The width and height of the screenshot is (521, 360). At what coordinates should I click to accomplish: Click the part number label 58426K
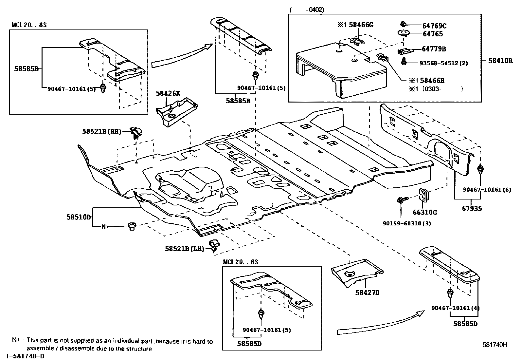(168, 93)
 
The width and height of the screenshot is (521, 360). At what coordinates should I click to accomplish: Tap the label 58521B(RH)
(101, 131)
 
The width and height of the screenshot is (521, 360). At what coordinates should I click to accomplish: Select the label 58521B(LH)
(184, 249)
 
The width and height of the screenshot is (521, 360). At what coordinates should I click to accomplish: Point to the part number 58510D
(78, 217)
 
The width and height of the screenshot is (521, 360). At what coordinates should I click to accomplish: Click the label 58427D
(367, 293)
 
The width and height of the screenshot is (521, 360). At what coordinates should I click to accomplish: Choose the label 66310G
(424, 212)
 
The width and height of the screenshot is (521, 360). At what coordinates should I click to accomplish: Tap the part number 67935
(472, 208)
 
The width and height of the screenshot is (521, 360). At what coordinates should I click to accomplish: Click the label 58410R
(500, 61)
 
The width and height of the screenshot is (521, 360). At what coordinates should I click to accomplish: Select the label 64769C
(434, 26)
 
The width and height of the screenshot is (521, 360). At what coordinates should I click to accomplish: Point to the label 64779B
(434, 49)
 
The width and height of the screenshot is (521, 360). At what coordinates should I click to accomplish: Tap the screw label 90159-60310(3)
(406, 223)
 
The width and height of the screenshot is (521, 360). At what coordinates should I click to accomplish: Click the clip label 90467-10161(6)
(487, 190)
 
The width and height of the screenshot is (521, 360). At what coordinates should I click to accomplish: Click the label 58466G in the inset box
(361, 24)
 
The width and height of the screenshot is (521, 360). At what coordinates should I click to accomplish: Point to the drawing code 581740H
(495, 345)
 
